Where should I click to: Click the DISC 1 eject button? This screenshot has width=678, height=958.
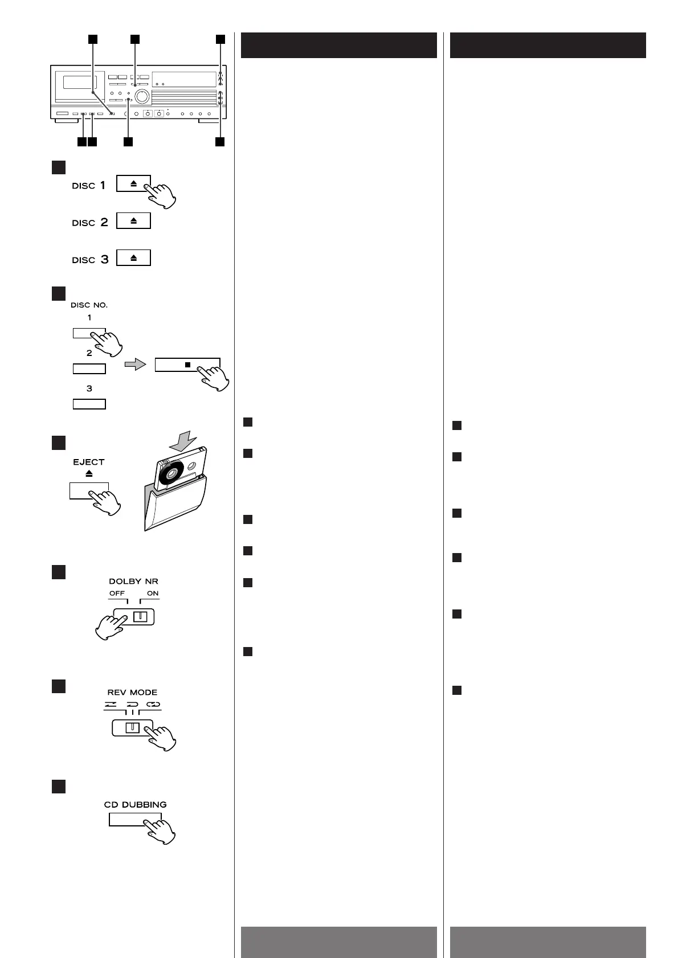(133, 183)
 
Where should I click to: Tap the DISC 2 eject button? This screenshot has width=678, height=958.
(133, 220)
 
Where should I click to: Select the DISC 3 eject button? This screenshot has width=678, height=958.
(133, 257)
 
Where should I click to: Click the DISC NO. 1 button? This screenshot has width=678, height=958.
(89, 333)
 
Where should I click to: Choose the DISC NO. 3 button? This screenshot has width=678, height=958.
(89, 404)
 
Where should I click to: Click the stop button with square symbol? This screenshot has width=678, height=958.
(187, 365)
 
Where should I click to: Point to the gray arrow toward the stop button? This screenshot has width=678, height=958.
(135, 365)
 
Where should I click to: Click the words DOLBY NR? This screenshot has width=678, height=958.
(133, 582)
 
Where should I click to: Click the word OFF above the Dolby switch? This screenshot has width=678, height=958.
(117, 593)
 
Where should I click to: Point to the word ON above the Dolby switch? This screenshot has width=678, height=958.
(152, 593)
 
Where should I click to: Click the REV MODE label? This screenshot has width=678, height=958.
(132, 693)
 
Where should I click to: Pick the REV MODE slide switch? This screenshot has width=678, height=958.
(133, 728)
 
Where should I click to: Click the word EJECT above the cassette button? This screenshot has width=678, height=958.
(89, 462)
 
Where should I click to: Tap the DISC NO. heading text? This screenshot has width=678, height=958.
(89, 305)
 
